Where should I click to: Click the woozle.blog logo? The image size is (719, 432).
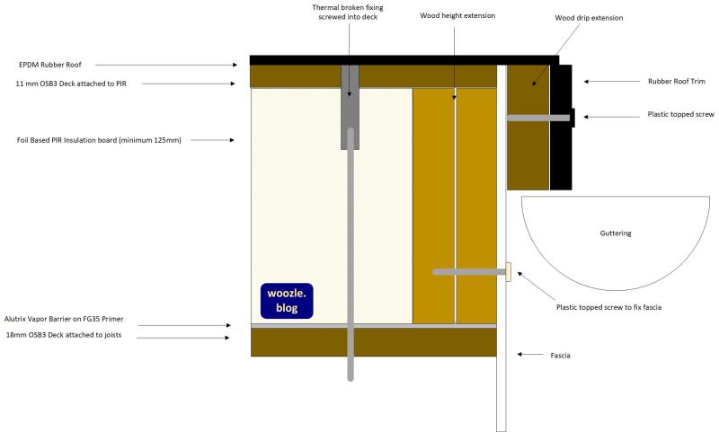pyautogui.click(x=287, y=300)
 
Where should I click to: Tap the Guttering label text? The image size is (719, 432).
pyautogui.click(x=616, y=234)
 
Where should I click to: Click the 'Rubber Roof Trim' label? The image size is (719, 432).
pyautogui.click(x=676, y=81)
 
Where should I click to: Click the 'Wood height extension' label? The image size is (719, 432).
pyautogui.click(x=457, y=15)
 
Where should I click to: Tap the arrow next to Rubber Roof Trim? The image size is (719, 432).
pyautogui.click(x=609, y=81)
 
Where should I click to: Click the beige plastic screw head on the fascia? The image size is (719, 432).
pyautogui.click(x=510, y=271)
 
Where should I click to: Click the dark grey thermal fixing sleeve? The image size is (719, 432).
pyautogui.click(x=351, y=106)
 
